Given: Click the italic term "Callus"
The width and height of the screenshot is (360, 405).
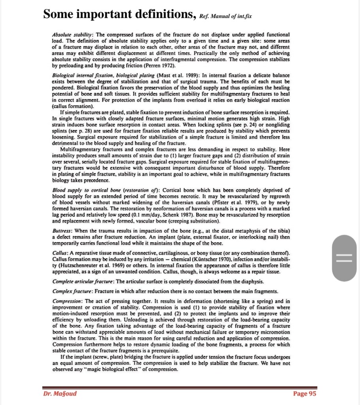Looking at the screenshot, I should pos(59,252).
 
